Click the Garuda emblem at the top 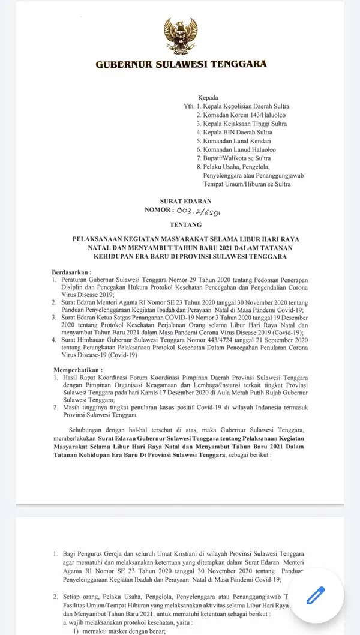(181, 36)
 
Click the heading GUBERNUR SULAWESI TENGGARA (181, 64)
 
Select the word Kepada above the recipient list (208, 97)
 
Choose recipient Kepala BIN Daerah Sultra (238, 133)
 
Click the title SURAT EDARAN (186, 201)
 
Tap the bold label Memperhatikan (77, 370)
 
